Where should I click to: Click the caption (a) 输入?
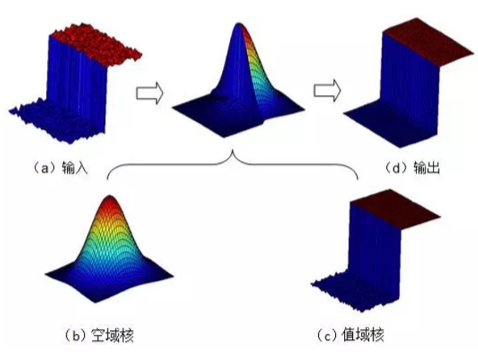point(61,168)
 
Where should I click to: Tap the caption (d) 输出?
point(412,168)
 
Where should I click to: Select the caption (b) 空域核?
point(99,336)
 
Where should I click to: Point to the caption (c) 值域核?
point(350,335)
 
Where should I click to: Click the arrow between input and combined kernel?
point(149,93)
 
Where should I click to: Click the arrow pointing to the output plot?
point(327,90)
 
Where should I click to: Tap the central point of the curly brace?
point(233,150)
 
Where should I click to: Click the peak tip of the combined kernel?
point(238,23)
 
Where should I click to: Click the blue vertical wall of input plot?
point(77,86)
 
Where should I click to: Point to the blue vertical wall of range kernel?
point(375,250)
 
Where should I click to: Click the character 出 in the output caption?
point(434,168)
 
